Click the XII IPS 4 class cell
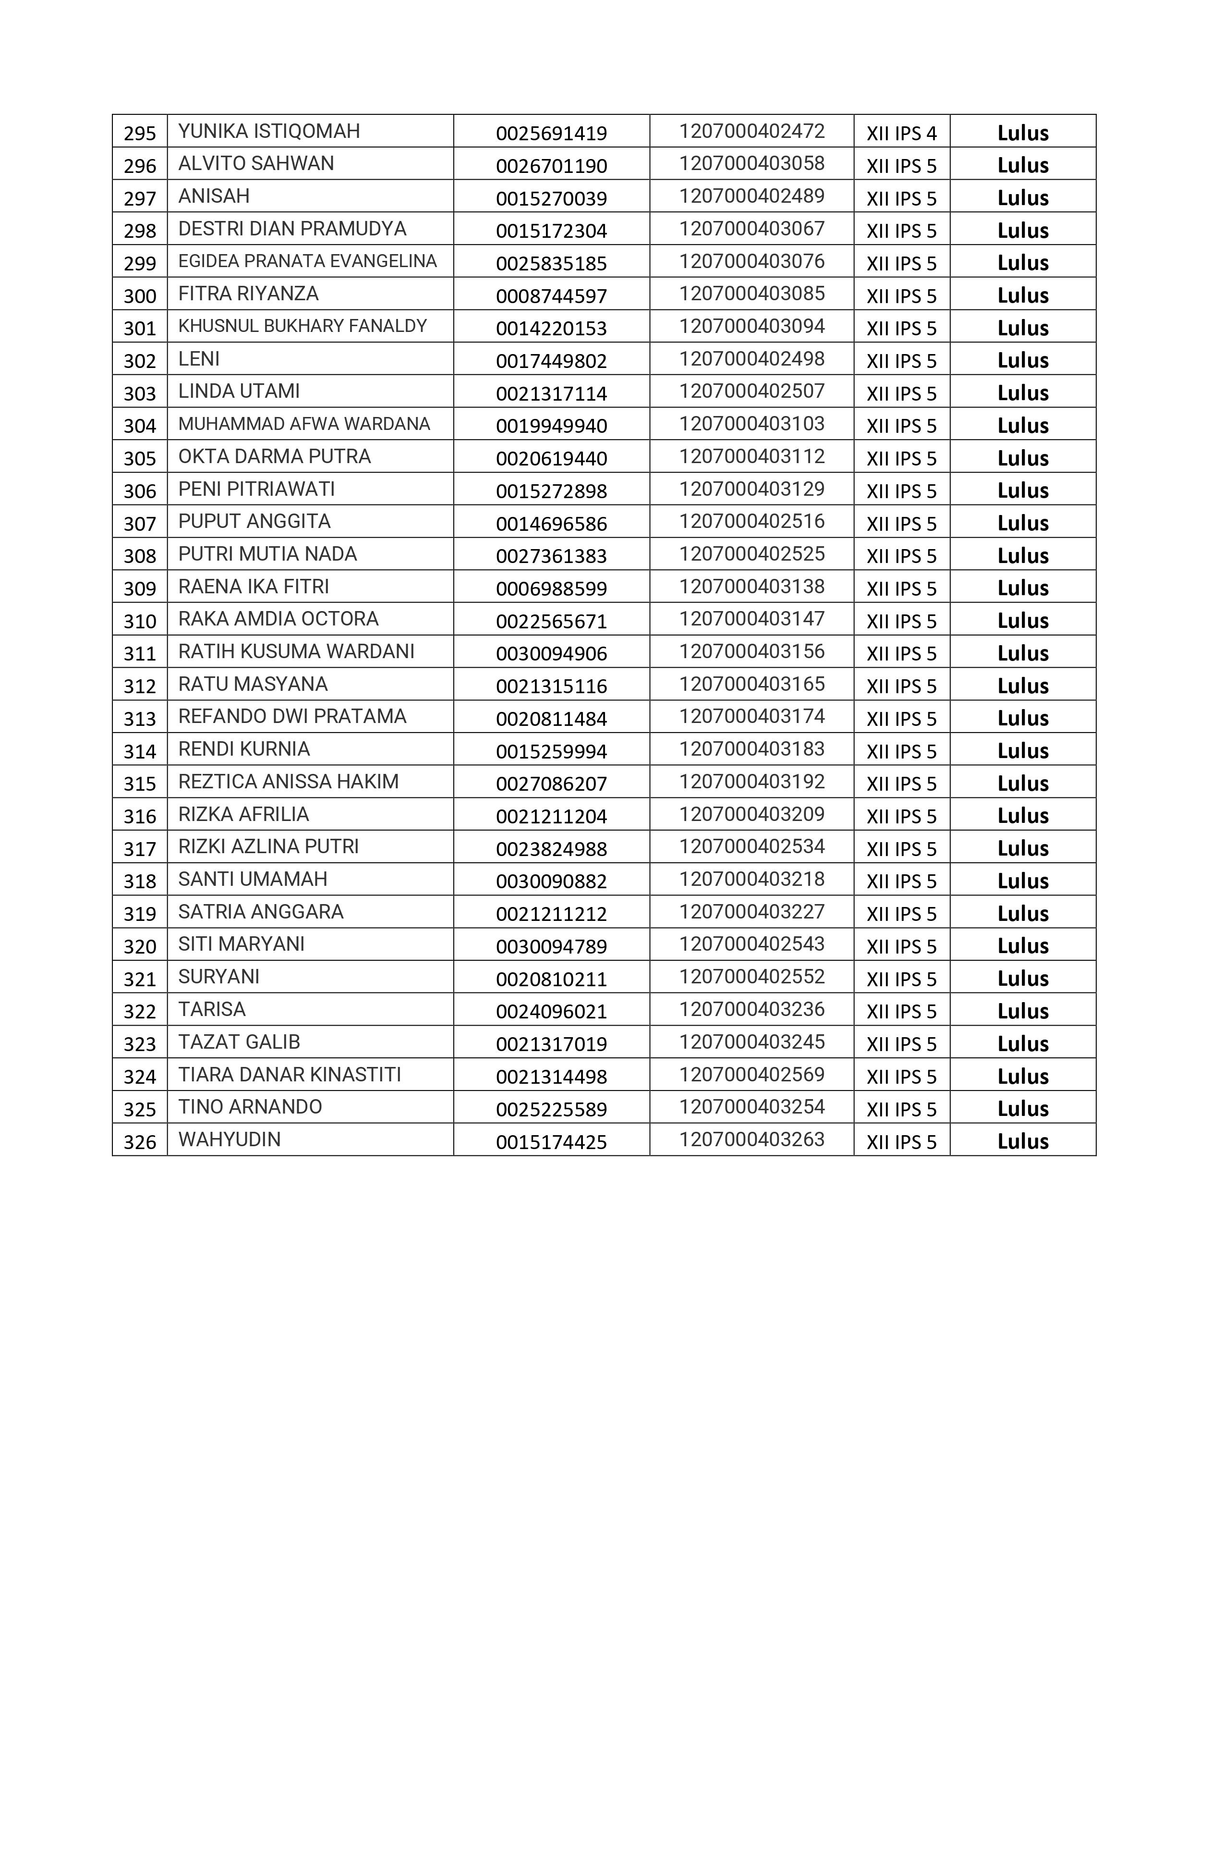point(901,133)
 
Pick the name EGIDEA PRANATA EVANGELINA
point(307,261)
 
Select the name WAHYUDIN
point(229,1139)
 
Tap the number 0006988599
point(551,588)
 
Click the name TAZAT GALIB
point(239,1041)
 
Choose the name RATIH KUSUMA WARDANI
point(296,651)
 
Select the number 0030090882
point(551,881)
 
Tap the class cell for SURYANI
point(901,979)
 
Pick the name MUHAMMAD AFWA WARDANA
point(304,424)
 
